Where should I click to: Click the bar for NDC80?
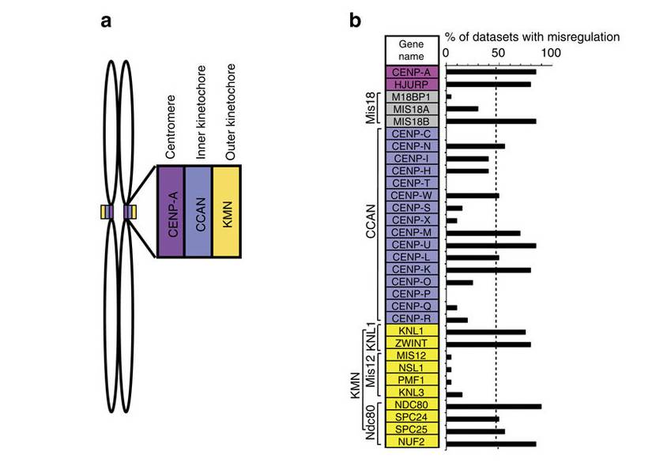click(x=494, y=407)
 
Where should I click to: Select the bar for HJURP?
click(x=488, y=85)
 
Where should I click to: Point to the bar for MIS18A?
click(x=462, y=109)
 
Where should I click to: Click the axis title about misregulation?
click(x=531, y=37)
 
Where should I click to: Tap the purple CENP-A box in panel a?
click(x=171, y=211)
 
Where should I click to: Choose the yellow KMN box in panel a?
click(x=228, y=211)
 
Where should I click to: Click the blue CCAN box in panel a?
click(x=199, y=211)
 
